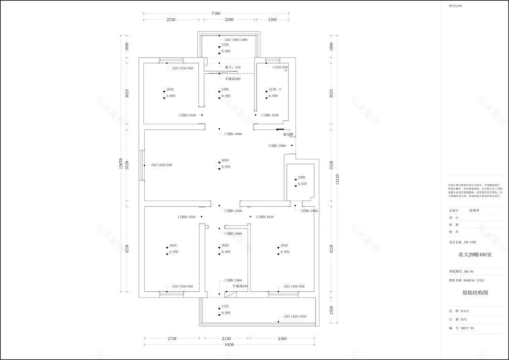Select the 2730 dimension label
(171, 20)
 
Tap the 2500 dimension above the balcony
(229, 20)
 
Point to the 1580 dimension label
(272, 20)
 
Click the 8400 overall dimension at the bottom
(229, 344)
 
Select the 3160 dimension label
(282, 338)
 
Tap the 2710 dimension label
(171, 338)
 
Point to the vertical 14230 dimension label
(336, 180)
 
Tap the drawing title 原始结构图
(475, 293)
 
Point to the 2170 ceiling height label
(273, 90)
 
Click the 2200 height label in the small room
(301, 177)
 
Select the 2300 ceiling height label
(226, 90)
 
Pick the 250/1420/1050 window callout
(294, 317)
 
